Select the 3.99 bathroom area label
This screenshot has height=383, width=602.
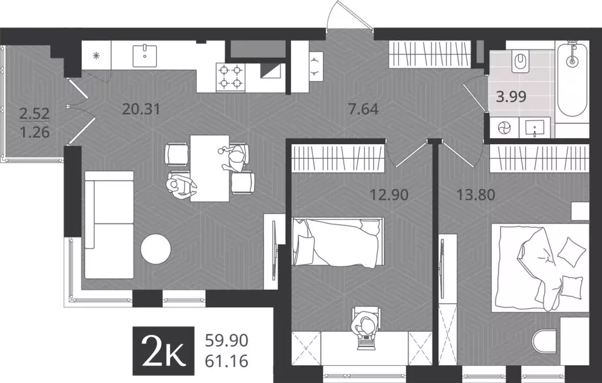pyautogui.click(x=511, y=97)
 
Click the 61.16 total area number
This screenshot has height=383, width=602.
pyautogui.click(x=227, y=360)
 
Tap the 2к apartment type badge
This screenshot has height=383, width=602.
pyautogui.click(x=163, y=350)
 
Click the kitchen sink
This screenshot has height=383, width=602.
pyautogui.click(x=144, y=55)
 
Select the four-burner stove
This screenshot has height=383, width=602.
pyautogui.click(x=231, y=77)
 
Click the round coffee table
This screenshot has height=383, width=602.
pyautogui.click(x=156, y=249)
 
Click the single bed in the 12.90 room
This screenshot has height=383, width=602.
pyautogui.click(x=338, y=241)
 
